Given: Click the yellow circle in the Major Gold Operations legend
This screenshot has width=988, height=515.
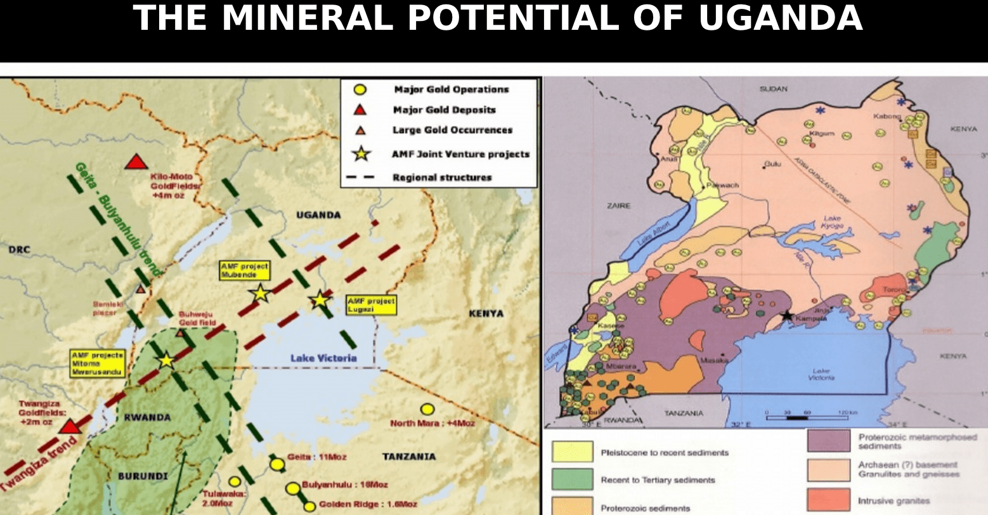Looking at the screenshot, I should coord(360,90).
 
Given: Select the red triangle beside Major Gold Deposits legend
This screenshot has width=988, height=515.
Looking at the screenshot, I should coord(360,110).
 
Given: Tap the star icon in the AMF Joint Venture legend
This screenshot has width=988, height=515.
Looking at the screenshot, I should coord(361,153).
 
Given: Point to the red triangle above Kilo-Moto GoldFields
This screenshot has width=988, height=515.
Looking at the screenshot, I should coord(136,162).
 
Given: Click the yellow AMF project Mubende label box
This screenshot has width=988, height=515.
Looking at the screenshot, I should coord(245,270).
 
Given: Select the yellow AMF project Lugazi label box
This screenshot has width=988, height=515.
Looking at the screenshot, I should coord(371,305).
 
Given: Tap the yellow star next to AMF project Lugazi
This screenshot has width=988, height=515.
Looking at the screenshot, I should coord(320,299).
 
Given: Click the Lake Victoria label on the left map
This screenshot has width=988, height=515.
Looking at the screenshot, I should coord(323,358).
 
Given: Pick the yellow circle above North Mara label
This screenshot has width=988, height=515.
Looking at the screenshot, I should coord(427,409).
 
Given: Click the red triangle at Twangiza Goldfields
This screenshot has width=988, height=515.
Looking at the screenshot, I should coord(70,426).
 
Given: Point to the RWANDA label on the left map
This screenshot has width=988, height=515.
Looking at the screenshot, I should coord(147,417).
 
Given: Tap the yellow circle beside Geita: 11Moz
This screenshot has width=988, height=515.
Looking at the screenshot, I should coord(277,464).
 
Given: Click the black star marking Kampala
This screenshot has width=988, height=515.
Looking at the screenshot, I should coord(787,315).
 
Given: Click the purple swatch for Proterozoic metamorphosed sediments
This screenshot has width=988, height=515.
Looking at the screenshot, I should coord(828,440).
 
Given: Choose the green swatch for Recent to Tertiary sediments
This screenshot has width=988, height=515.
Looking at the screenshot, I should coord(572,479).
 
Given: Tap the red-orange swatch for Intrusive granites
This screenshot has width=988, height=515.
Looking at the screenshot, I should coord(828,500).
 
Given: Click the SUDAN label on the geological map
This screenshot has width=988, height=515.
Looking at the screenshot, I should coord(773,89).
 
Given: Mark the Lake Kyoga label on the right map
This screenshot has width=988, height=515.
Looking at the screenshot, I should coord(832,222).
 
